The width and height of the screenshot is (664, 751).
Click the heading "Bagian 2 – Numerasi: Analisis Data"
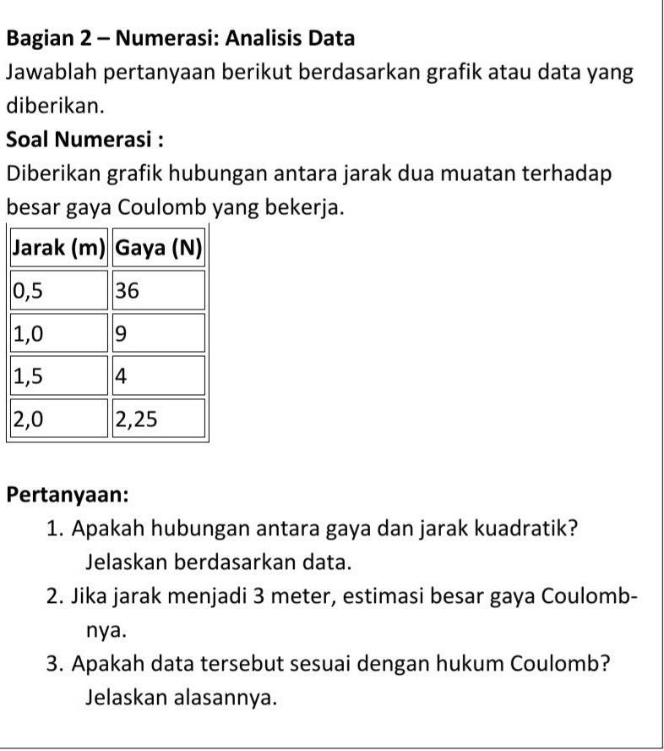pos(180,38)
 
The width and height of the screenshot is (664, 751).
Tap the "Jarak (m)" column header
pos(58,248)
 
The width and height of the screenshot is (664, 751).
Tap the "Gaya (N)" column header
pos(159,248)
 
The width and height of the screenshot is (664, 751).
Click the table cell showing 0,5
pos(58,290)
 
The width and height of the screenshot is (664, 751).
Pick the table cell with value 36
pos(159,290)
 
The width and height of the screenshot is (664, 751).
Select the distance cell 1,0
pos(58,333)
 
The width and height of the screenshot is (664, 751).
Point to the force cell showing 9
pos(159,333)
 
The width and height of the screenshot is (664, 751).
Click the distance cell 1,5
pos(58,375)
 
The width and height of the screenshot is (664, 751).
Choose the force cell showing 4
pos(159,375)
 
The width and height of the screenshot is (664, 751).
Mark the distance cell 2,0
pos(58,419)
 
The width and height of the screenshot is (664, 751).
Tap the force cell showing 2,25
pos(159,419)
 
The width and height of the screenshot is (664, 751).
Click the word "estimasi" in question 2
pos(372,595)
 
